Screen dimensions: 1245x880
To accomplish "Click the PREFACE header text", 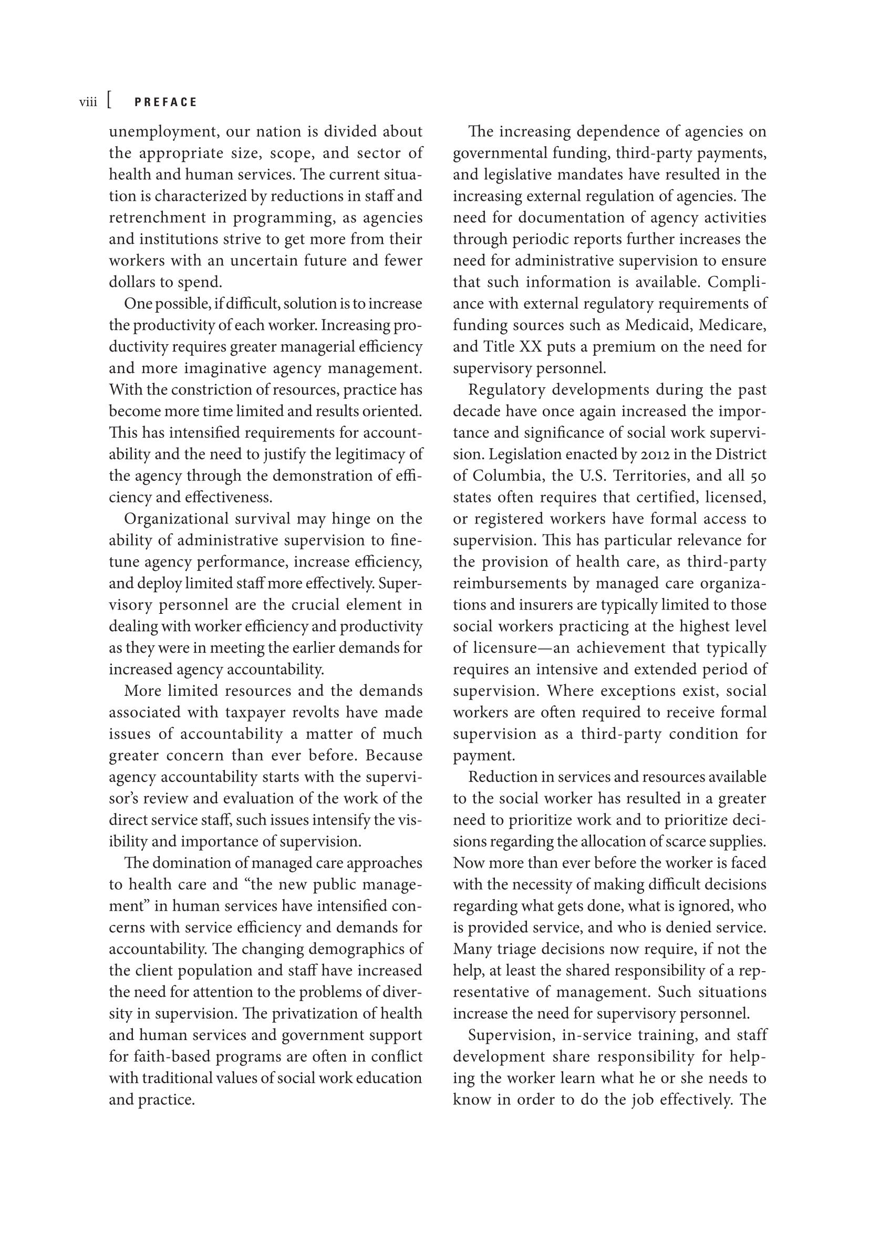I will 165,102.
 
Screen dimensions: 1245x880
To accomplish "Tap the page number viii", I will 88,102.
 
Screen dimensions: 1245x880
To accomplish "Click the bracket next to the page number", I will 110,101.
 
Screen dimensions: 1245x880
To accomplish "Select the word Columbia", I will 507,476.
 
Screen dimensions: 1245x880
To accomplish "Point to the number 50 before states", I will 758,476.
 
